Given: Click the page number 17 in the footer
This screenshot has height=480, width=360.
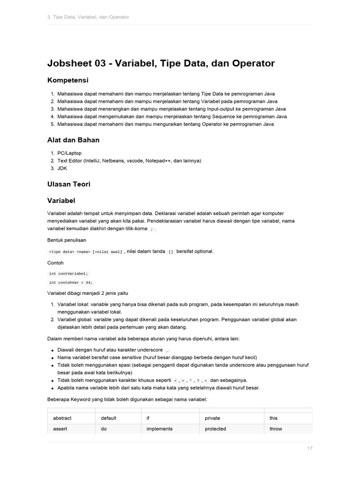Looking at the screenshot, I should pyautogui.click(x=310, y=449).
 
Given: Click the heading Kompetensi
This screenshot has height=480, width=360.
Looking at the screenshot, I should pyautogui.click(x=68, y=80).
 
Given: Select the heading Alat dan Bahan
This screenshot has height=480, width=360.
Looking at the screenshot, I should pyautogui.click(x=73, y=140).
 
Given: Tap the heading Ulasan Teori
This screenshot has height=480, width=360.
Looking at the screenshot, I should pyautogui.click(x=69, y=184).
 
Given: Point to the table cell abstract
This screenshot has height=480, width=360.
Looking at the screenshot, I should pyautogui.click(x=62, y=418).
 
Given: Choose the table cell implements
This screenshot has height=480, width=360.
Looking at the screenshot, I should pyautogui.click(x=159, y=428).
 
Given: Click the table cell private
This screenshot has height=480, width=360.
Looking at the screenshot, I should pyautogui.click(x=212, y=418).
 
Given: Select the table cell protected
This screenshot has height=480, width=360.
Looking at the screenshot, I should pyautogui.click(x=215, y=428).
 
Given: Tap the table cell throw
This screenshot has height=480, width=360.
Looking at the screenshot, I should pyautogui.click(x=276, y=428).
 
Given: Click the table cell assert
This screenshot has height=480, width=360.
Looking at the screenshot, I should pyautogui.click(x=60, y=428).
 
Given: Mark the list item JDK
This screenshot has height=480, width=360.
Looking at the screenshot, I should pyautogui.click(x=63, y=168).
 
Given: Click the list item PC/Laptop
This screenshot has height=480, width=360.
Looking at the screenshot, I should pyautogui.click(x=69, y=153).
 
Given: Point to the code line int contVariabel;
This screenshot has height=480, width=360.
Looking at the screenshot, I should pyautogui.click(x=68, y=273).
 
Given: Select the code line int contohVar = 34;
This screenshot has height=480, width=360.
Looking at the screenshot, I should pyautogui.click(x=71, y=283).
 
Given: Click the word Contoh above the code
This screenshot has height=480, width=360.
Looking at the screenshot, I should pyautogui.click(x=55, y=263).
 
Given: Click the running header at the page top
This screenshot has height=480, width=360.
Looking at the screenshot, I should pyautogui.click(x=88, y=17).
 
